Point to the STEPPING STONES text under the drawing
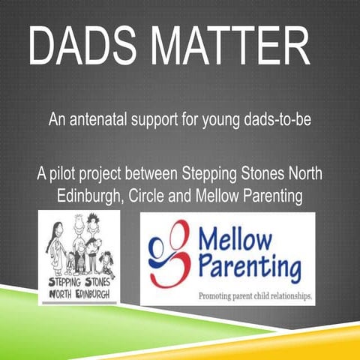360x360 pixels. tap(79, 282)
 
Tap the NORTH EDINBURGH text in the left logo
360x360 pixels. tap(79, 293)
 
